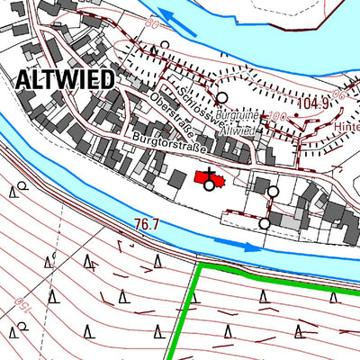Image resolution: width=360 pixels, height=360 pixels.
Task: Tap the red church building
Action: click(x=207, y=179)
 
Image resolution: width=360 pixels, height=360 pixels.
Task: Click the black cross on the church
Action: click(x=211, y=173)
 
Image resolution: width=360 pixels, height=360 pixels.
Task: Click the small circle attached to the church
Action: click(x=210, y=185)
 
